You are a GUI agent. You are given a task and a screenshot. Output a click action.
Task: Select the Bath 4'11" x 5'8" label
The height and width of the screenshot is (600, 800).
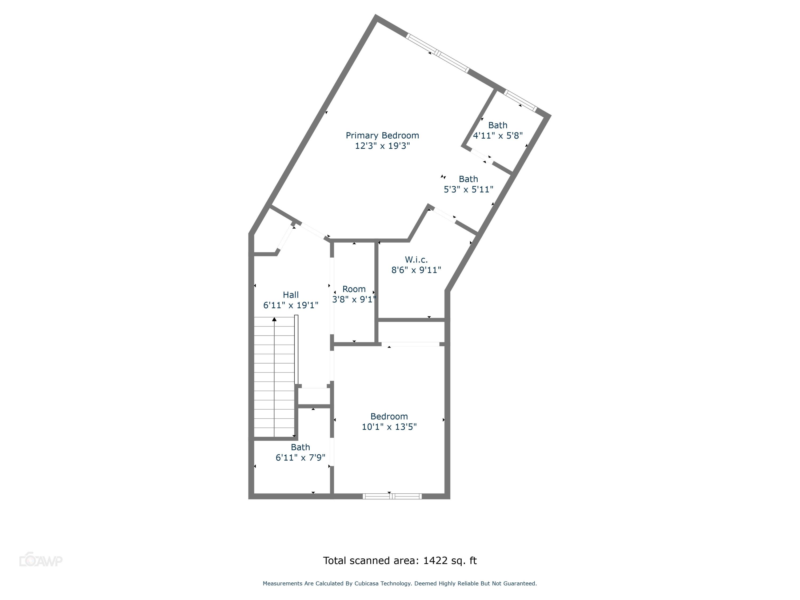(498, 126)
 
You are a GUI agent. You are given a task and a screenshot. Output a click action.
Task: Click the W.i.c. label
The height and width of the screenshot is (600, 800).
(416, 260)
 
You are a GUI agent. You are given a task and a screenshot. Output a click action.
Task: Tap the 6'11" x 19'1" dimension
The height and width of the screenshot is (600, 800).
(290, 306)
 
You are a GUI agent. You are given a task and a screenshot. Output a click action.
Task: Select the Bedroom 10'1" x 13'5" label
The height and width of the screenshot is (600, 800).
(389, 416)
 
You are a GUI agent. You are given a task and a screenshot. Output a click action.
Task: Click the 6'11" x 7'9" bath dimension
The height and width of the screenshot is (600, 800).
(300, 458)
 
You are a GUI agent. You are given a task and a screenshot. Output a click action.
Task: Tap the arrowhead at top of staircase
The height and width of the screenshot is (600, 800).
(274, 319)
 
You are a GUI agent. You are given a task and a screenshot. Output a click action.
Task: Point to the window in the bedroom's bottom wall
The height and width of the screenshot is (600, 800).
(392, 496)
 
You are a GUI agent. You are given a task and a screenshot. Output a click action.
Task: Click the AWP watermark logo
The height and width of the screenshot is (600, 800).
(41, 561)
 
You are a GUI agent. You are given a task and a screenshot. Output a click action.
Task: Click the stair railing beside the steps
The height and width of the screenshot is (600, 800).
(296, 349)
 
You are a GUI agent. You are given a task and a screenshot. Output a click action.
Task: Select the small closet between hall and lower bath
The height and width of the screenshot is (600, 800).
(314, 397)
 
